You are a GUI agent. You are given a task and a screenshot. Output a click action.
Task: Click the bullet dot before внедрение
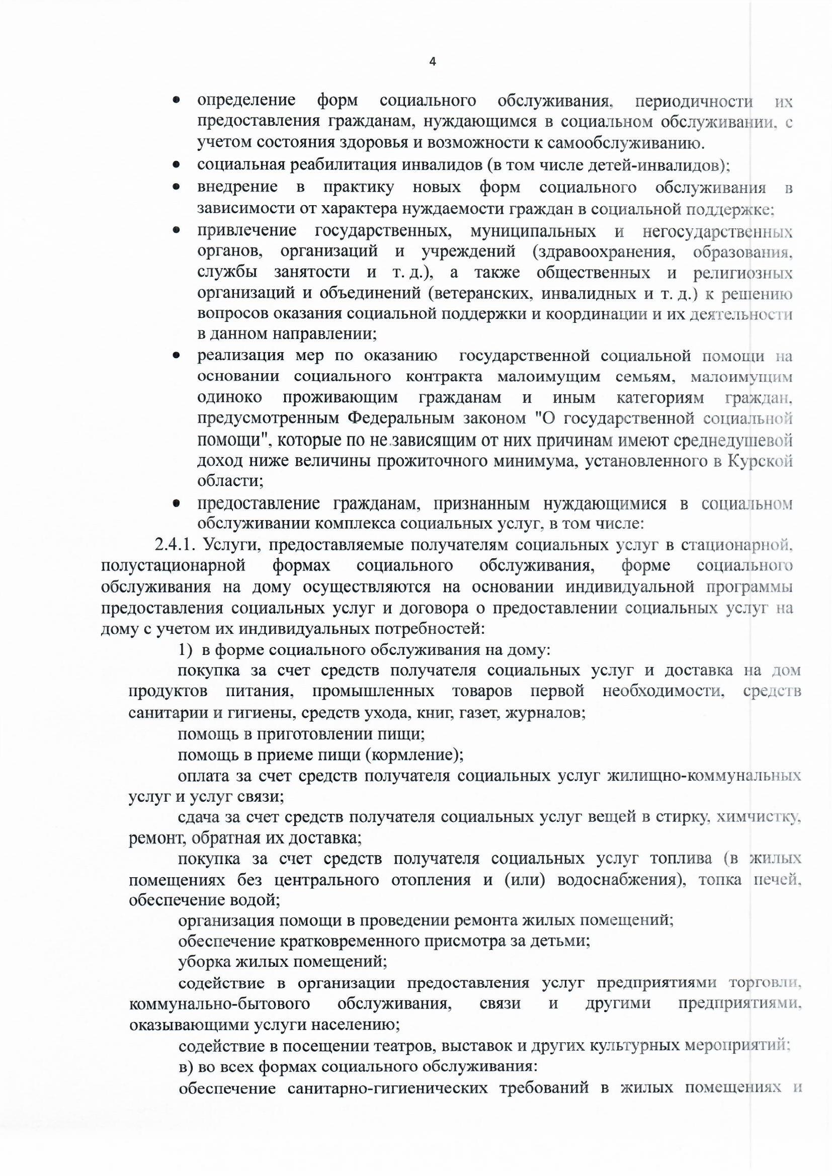click(176, 188)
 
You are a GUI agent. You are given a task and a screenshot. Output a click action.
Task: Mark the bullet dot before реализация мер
click(176, 356)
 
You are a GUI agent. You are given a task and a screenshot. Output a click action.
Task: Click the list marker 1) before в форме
click(185, 650)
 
